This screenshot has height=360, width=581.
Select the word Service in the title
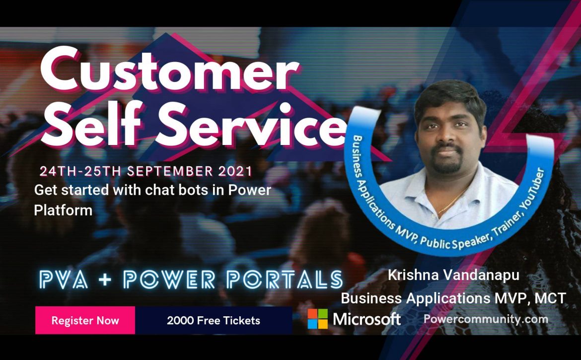[x=250, y=124]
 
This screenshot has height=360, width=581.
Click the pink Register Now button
[x=85, y=320]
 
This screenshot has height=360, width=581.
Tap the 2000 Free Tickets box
[x=214, y=320]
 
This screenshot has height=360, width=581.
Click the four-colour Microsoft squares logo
[x=317, y=319]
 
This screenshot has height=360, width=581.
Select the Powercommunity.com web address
[x=486, y=319]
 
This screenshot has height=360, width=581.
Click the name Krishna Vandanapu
[x=453, y=275]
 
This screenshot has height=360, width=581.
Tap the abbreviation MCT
[x=550, y=298]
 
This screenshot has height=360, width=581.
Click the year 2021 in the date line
[x=235, y=171]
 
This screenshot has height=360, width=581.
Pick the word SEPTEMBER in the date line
[x=170, y=171]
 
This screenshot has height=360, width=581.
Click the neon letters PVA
[x=64, y=280]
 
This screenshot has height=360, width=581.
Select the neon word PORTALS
[x=285, y=280]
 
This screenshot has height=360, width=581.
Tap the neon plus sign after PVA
[x=105, y=280]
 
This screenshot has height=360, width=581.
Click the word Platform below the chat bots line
[x=63, y=211]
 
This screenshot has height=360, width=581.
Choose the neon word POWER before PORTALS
[x=169, y=280]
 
